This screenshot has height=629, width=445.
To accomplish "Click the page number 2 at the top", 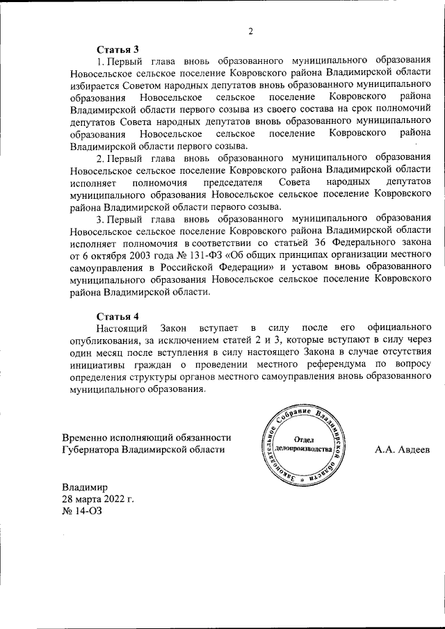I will click(x=250, y=31).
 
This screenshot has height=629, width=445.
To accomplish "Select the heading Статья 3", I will click(x=118, y=49).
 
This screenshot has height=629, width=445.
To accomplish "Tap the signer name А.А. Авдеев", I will click(x=403, y=450).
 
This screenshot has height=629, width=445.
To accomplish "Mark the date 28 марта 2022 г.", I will click(x=97, y=499).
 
